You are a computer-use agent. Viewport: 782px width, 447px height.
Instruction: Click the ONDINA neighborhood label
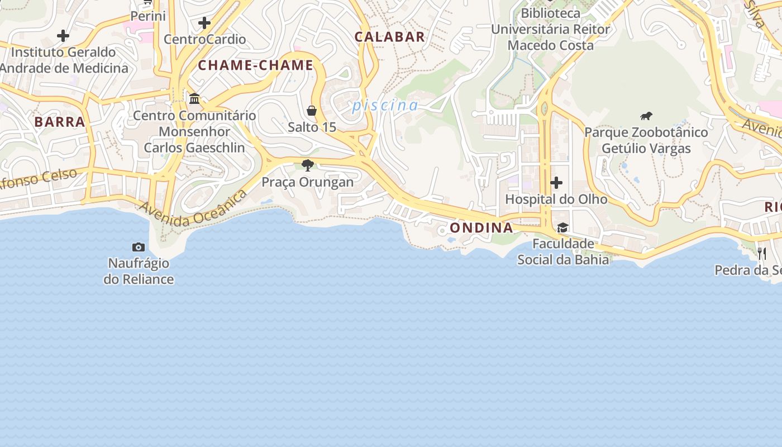pyautogui.click(x=481, y=227)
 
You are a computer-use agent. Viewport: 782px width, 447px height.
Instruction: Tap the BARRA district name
pyautogui.click(x=59, y=122)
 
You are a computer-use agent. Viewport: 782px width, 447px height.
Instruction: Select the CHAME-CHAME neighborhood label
pyautogui.click(x=255, y=65)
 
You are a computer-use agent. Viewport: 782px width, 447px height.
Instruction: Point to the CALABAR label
pyautogui.click(x=389, y=37)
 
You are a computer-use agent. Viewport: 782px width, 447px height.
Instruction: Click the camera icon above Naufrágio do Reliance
pyautogui.click(x=139, y=247)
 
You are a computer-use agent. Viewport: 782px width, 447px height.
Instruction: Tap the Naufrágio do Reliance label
pyautogui.click(x=139, y=270)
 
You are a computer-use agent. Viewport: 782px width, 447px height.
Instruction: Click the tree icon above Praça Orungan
pyautogui.click(x=307, y=165)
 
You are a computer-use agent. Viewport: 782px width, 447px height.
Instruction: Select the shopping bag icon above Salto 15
pyautogui.click(x=312, y=111)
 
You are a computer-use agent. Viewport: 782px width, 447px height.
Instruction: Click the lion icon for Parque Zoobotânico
pyautogui.click(x=646, y=116)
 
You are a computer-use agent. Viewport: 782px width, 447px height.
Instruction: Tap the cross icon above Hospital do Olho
pyautogui.click(x=556, y=183)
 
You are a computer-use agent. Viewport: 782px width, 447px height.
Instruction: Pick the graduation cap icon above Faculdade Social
pyautogui.click(x=562, y=227)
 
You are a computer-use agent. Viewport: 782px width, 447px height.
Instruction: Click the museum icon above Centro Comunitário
pyautogui.click(x=194, y=99)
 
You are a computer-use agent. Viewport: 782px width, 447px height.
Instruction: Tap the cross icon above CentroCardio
pyautogui.click(x=204, y=23)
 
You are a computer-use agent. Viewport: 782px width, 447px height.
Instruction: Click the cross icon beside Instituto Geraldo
pyautogui.click(x=63, y=36)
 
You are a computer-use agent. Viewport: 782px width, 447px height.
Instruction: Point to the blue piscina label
pyautogui.click(x=385, y=105)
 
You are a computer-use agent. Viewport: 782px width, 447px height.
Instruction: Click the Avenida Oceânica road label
pyautogui.click(x=194, y=209)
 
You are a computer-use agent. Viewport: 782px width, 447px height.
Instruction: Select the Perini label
pyautogui.click(x=148, y=16)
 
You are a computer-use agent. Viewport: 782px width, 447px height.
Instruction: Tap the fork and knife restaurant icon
pyautogui.click(x=762, y=253)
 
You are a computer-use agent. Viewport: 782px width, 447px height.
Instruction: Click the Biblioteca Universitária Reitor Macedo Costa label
pyautogui.click(x=550, y=29)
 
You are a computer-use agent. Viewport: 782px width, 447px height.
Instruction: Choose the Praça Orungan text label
pyautogui.click(x=307, y=182)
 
